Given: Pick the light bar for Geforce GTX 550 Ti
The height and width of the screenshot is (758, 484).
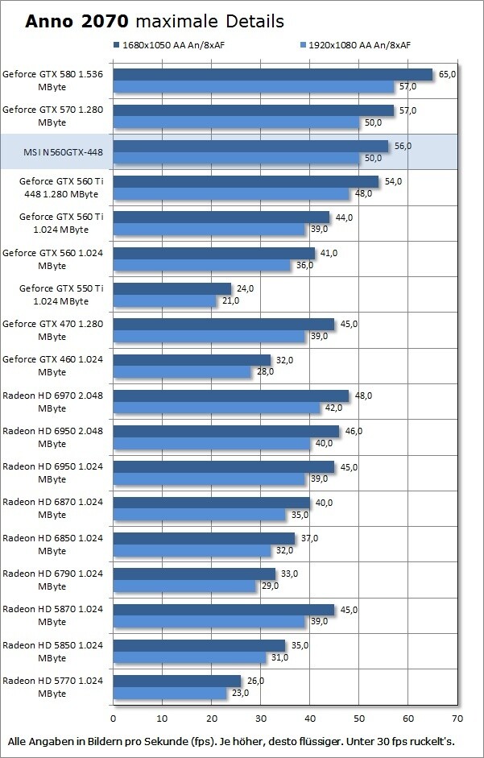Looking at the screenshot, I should (x=165, y=300).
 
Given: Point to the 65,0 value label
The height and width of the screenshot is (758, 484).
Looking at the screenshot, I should (x=447, y=74).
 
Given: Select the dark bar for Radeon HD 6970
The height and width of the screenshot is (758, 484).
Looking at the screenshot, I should (x=231, y=396).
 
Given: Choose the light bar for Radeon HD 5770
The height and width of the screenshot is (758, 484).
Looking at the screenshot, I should (x=170, y=693).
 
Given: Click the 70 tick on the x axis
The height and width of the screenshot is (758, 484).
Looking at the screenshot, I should (x=457, y=718).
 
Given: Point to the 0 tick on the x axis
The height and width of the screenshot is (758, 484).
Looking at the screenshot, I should (x=114, y=718).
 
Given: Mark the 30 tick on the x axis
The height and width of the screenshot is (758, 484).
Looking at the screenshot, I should (x=261, y=718).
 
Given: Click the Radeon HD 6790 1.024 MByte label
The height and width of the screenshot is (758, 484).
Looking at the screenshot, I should (x=54, y=579).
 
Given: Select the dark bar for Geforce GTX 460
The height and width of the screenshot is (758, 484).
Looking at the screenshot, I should (x=192, y=360).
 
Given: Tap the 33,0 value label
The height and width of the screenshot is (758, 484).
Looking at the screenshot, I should (x=289, y=574).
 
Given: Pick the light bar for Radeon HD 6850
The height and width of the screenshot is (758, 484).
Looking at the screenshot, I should (x=192, y=550).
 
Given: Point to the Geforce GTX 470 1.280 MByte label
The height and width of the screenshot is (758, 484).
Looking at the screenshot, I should (x=54, y=329).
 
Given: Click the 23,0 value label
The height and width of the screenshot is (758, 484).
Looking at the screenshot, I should (x=240, y=693).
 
